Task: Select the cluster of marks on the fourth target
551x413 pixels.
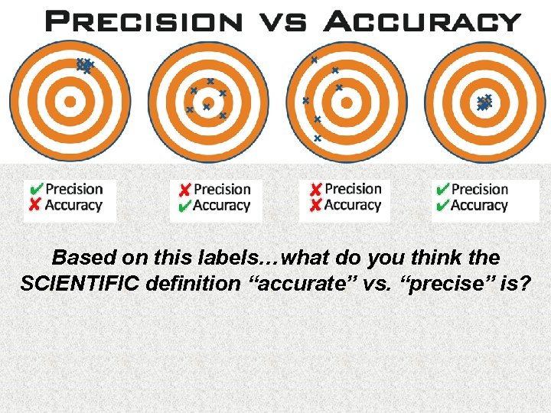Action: click(484, 102)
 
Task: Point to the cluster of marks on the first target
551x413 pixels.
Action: click(83, 66)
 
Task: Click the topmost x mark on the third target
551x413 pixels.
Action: click(313, 59)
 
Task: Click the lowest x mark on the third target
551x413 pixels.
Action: click(317, 138)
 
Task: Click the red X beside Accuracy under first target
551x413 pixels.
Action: click(35, 205)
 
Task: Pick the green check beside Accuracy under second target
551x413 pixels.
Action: click(184, 206)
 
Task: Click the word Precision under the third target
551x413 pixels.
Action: click(353, 188)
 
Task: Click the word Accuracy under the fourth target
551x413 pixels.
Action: click(479, 205)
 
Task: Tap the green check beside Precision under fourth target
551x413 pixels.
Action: click(442, 189)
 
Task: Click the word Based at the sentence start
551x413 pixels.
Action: click(80, 257)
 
